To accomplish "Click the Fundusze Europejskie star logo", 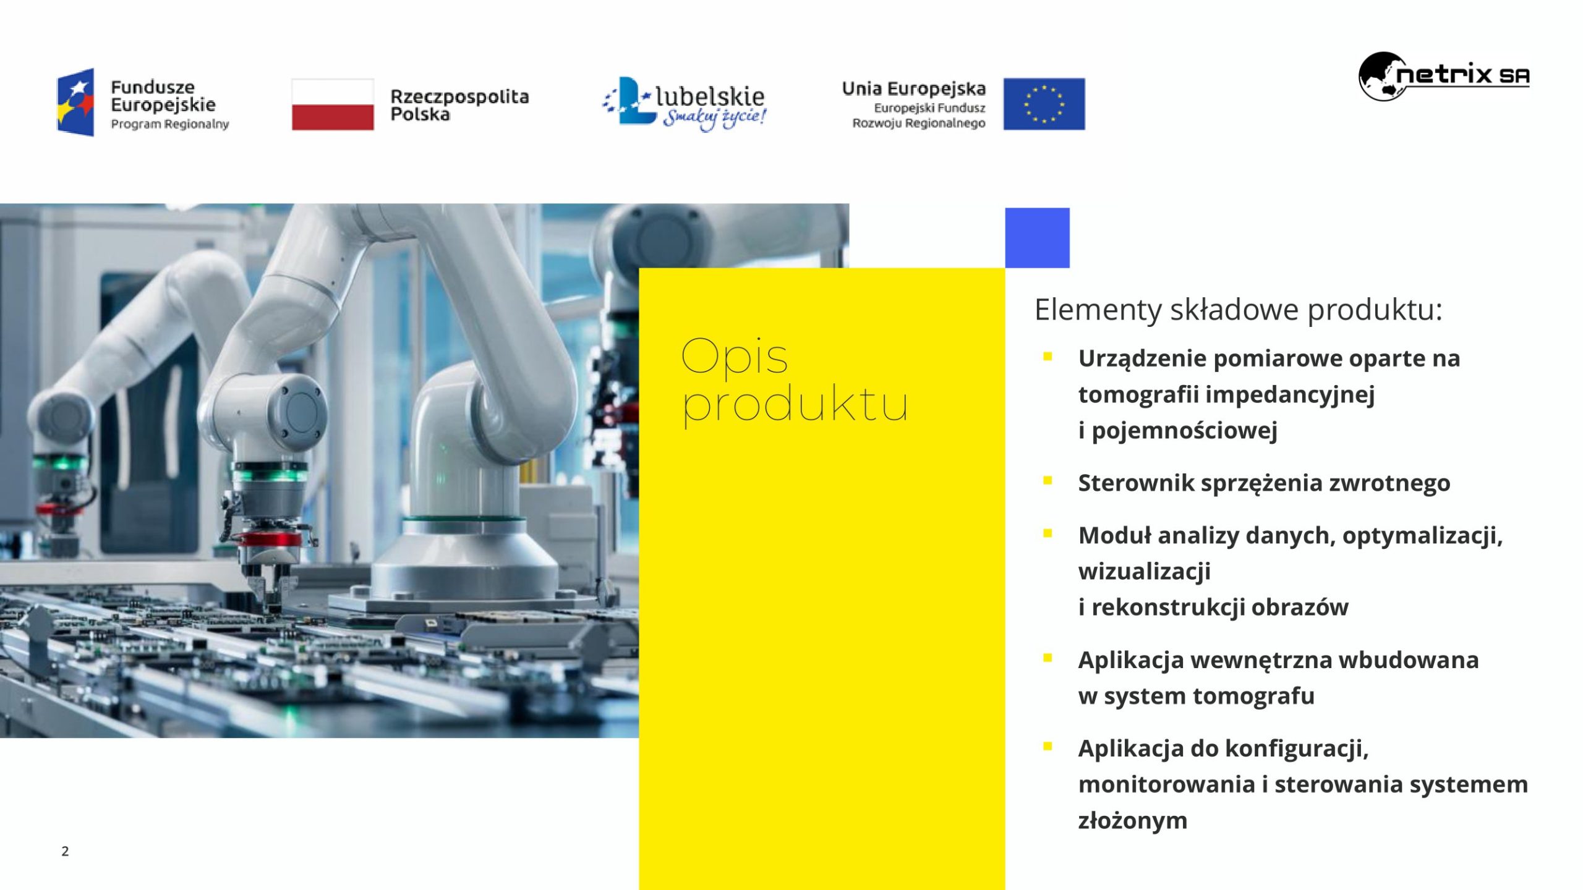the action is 75,102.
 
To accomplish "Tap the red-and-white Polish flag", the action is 333,104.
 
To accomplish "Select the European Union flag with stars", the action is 1044,104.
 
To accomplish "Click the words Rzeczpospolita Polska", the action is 459,105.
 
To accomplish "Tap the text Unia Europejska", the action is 914,88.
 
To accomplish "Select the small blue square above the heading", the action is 1037,238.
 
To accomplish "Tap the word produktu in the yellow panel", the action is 795,405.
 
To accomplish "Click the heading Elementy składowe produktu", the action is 1238,310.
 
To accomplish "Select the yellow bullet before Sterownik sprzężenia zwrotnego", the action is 1048,480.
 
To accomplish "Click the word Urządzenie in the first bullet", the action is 1143,359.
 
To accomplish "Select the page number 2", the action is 65,851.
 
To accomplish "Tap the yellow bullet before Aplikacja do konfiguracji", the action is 1048,746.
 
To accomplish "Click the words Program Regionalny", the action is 170,124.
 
